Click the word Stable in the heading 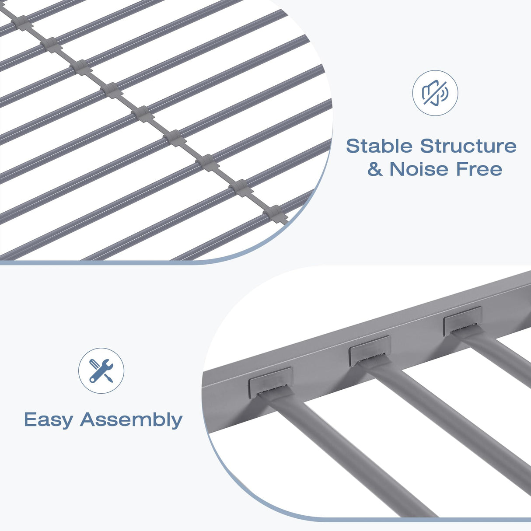point(380,146)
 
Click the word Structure point(468,146)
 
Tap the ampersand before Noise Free point(375,169)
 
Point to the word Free point(479,169)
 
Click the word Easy point(49,420)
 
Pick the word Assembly point(131,420)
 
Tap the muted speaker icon point(435,93)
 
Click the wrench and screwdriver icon point(101,370)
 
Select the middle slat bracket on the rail point(370,351)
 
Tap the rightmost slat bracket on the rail point(463,321)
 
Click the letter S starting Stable point(352,146)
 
